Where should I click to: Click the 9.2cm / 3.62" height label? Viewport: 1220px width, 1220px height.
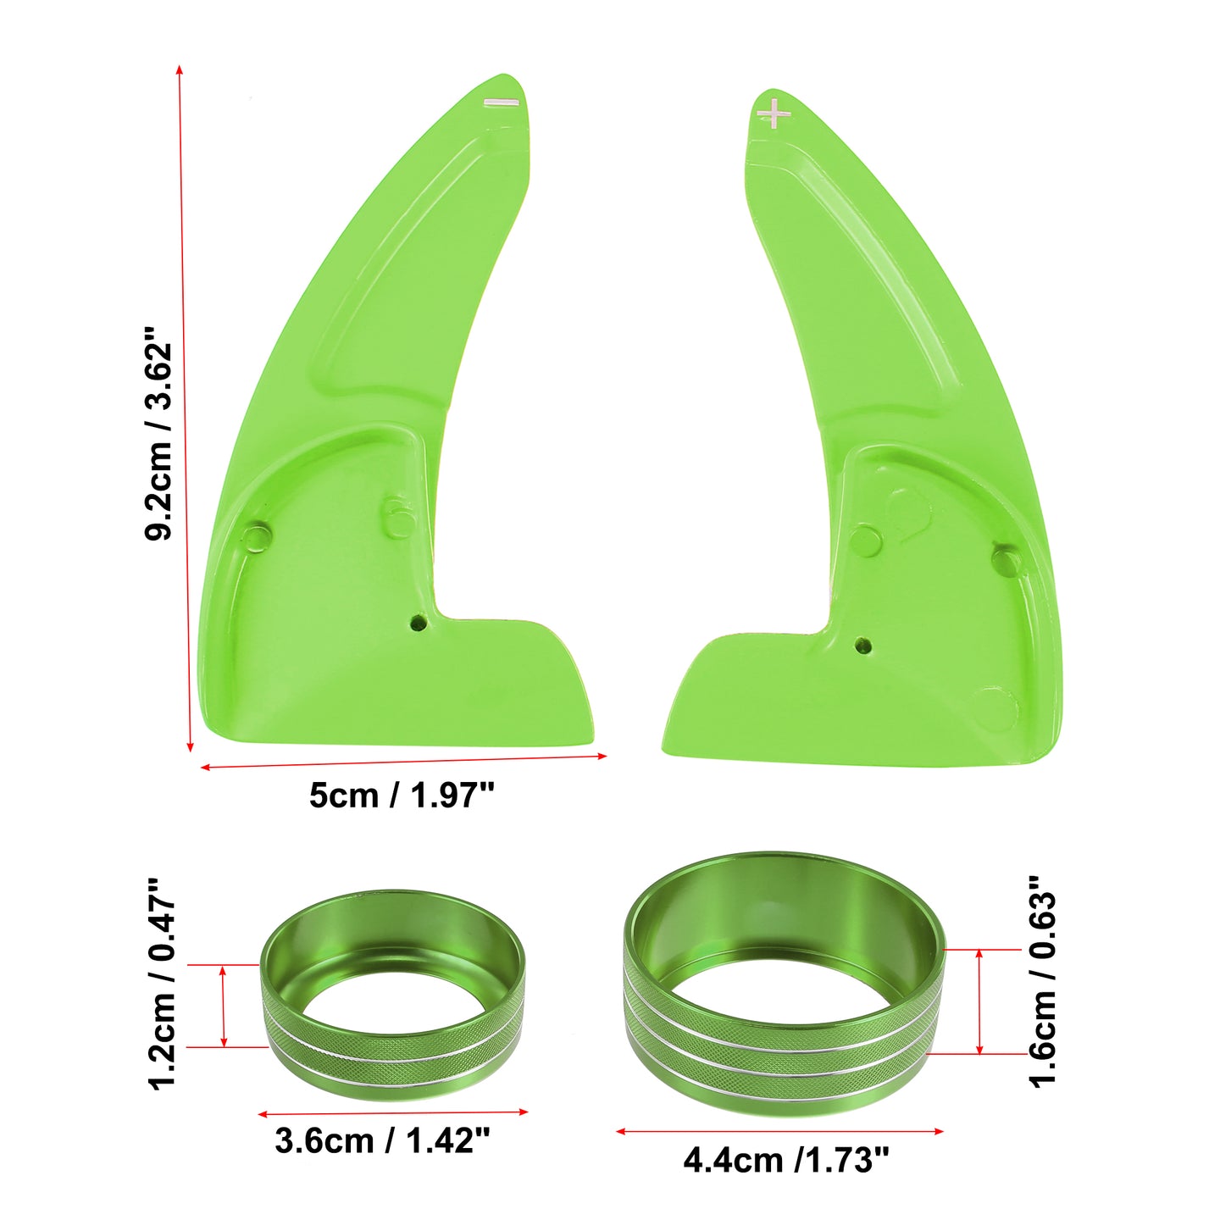pyautogui.click(x=159, y=435)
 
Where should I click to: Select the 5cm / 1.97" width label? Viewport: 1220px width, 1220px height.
pyautogui.click(x=402, y=795)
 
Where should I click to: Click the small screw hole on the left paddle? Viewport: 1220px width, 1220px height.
pyautogui.click(x=418, y=623)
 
